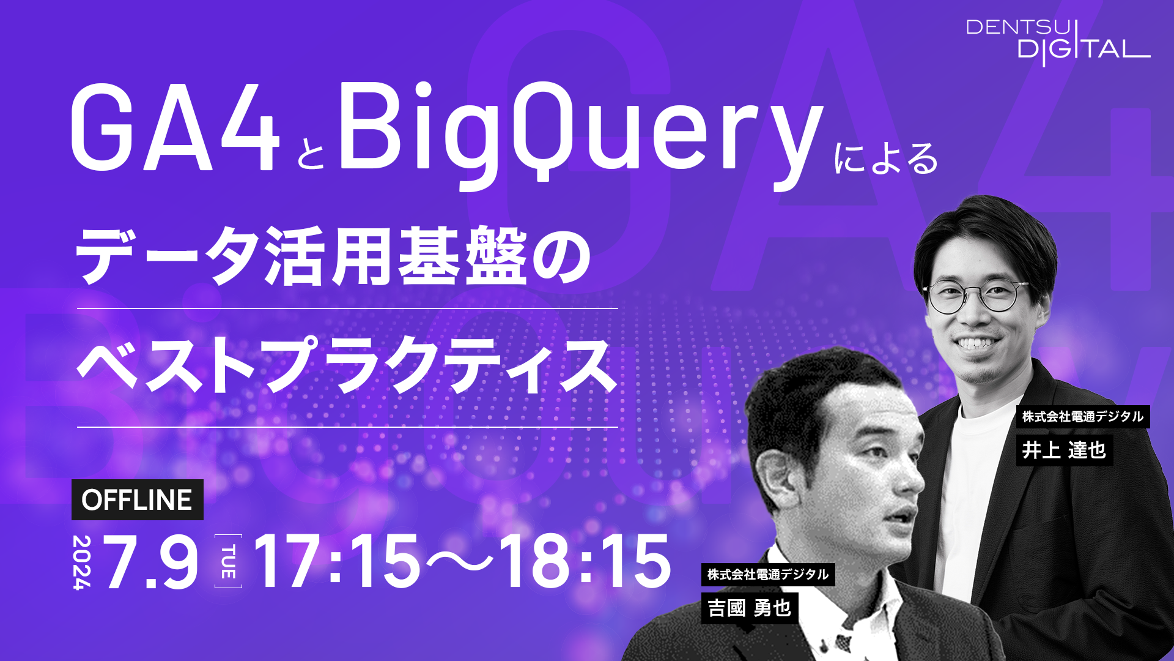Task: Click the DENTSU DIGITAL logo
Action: coord(1058,42)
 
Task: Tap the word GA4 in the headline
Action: coord(175,128)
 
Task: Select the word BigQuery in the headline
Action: coord(581,135)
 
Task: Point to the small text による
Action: coord(886,159)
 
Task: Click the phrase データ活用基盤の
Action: coord(333,255)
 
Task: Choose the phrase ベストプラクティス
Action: coord(347,365)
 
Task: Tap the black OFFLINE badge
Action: coord(138,500)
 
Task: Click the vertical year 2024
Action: coord(82,562)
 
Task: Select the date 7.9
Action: coord(152,562)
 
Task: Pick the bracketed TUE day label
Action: coord(228,561)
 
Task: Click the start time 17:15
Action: coord(337,561)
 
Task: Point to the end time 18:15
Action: coord(586,561)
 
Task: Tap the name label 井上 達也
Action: coord(1065,450)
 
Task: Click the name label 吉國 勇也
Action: coord(750,608)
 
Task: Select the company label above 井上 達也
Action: coord(1083,417)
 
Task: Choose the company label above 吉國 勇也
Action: coord(768,575)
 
